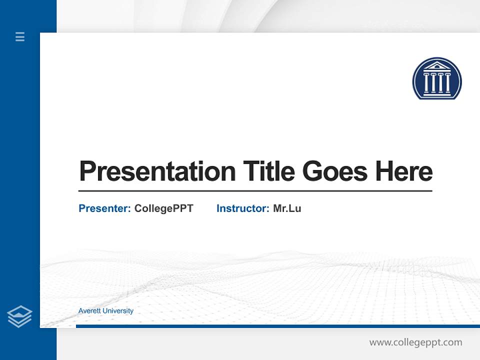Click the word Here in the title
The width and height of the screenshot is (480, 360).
(404, 171)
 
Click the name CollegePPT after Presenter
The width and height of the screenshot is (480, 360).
(163, 208)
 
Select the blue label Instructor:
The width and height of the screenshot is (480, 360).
(243, 208)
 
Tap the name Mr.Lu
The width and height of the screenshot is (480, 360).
(287, 208)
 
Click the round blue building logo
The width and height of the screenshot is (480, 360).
(437, 78)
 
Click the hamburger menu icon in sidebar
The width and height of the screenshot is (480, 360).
(20, 36)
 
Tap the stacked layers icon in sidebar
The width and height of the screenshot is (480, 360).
(19, 316)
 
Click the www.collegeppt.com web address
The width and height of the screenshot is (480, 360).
(415, 342)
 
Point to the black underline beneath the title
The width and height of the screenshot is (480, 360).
(255, 191)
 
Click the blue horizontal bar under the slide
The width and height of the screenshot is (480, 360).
(277, 326)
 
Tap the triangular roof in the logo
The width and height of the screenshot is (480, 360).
(437, 66)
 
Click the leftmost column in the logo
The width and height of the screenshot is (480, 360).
(426, 83)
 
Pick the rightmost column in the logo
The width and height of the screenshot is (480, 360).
(447, 83)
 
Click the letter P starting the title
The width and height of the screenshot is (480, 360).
(87, 171)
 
